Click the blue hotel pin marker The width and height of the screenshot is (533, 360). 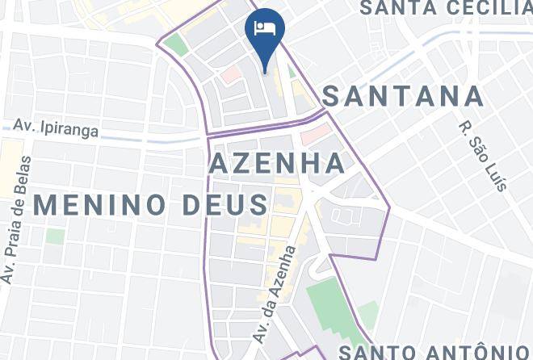pyautogui.click(x=264, y=33)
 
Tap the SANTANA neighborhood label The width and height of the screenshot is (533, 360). pyautogui.click(x=404, y=97)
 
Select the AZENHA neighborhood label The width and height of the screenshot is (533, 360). pyautogui.click(x=277, y=164)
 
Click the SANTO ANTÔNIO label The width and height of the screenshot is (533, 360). pyautogui.click(x=433, y=351)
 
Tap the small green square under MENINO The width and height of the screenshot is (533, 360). pyautogui.click(x=55, y=237)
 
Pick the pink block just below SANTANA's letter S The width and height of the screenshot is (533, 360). pyautogui.click(x=317, y=129)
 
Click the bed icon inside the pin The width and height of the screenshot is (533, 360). pyautogui.click(x=264, y=28)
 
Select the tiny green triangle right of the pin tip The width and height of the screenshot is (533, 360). pyautogui.click(x=292, y=72)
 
